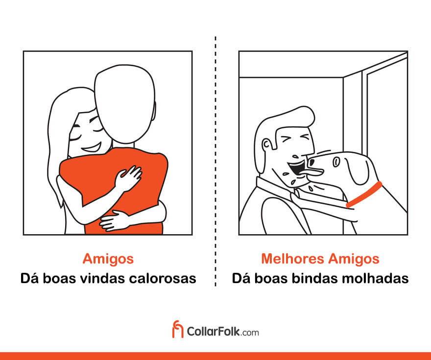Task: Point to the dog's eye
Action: [x=336, y=162]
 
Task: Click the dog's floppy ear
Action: [x=358, y=170]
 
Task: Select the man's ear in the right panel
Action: [x=266, y=144]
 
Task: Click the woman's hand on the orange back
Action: [x=128, y=178]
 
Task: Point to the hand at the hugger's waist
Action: [x=113, y=221]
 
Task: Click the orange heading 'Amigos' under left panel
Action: [x=108, y=259]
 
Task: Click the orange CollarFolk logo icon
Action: [x=178, y=329]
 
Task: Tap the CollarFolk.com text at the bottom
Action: [x=223, y=332]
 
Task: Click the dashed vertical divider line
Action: [x=215, y=161]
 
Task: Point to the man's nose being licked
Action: [x=296, y=157]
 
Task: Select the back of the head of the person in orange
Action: [x=125, y=104]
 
